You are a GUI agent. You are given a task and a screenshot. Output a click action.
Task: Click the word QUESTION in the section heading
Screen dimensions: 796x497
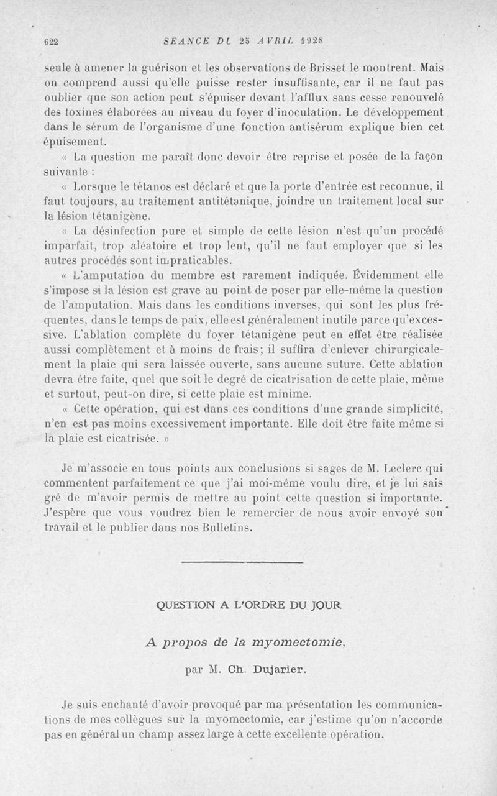point(184,604)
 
